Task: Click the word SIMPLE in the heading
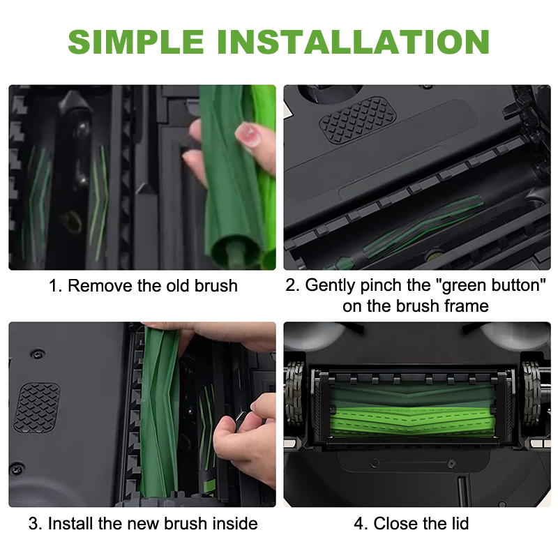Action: [135, 42]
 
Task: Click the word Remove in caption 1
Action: [100, 286]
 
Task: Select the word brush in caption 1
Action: [216, 286]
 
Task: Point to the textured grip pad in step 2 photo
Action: [357, 119]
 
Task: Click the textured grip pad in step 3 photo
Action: [37, 408]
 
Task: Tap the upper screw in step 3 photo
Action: [37, 354]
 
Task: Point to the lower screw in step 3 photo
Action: [16, 468]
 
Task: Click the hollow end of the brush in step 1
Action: [234, 250]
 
